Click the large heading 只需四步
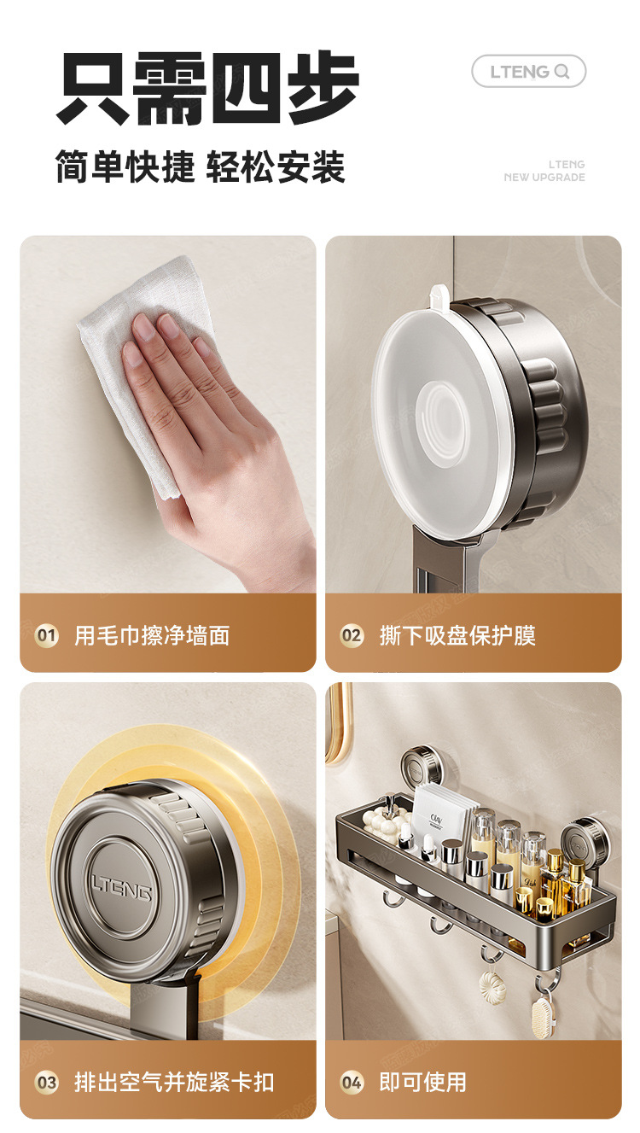pyautogui.click(x=207, y=87)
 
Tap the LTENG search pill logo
pyautogui.click(x=529, y=72)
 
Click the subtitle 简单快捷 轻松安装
pyautogui.click(x=201, y=166)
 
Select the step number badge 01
pyautogui.click(x=46, y=635)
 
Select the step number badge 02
pyautogui.click(x=352, y=635)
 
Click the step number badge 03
pyautogui.click(x=46, y=1083)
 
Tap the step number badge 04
pyautogui.click(x=352, y=1083)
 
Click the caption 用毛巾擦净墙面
pyautogui.click(x=152, y=635)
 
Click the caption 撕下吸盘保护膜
pyautogui.click(x=457, y=635)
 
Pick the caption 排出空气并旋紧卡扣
pyautogui.click(x=174, y=1083)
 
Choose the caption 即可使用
pyautogui.click(x=423, y=1083)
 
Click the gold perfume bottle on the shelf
pyautogui.click(x=555, y=879)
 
